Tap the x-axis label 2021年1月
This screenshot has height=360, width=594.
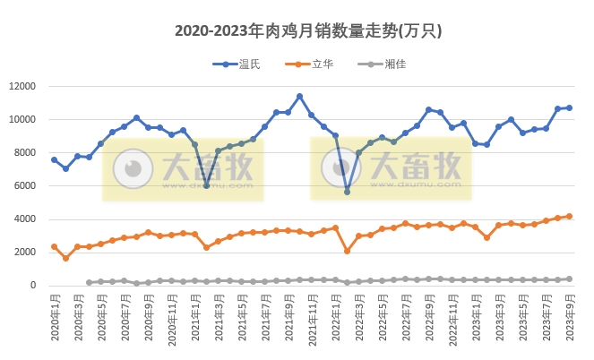[x=194, y=318]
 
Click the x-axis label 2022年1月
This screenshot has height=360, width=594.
[x=335, y=318]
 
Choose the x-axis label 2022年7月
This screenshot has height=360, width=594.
[x=405, y=318]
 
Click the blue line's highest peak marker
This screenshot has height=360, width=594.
[x=299, y=97]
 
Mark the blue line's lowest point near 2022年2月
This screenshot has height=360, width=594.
[x=347, y=192]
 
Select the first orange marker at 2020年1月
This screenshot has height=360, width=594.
[x=54, y=246]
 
